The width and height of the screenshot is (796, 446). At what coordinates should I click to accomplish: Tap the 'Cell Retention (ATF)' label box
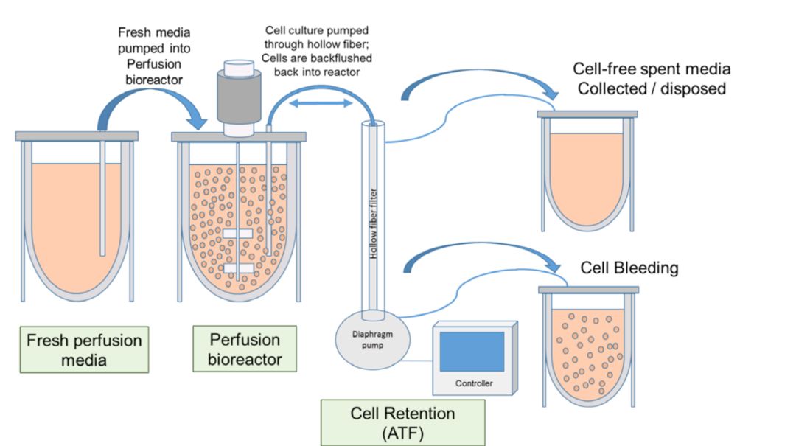point(402,422)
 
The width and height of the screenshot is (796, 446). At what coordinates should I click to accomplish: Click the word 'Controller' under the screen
point(473,383)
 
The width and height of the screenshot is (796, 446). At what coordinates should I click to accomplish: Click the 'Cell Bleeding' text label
point(629,268)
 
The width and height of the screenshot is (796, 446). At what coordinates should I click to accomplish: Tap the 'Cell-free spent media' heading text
point(652,69)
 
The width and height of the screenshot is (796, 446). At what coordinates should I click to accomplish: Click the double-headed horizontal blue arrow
point(321,104)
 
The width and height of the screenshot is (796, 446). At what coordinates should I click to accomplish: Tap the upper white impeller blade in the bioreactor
point(237,234)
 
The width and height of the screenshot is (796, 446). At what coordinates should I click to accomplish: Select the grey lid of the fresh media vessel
point(77,136)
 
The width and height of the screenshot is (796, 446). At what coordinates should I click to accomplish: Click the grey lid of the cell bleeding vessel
point(587,290)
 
